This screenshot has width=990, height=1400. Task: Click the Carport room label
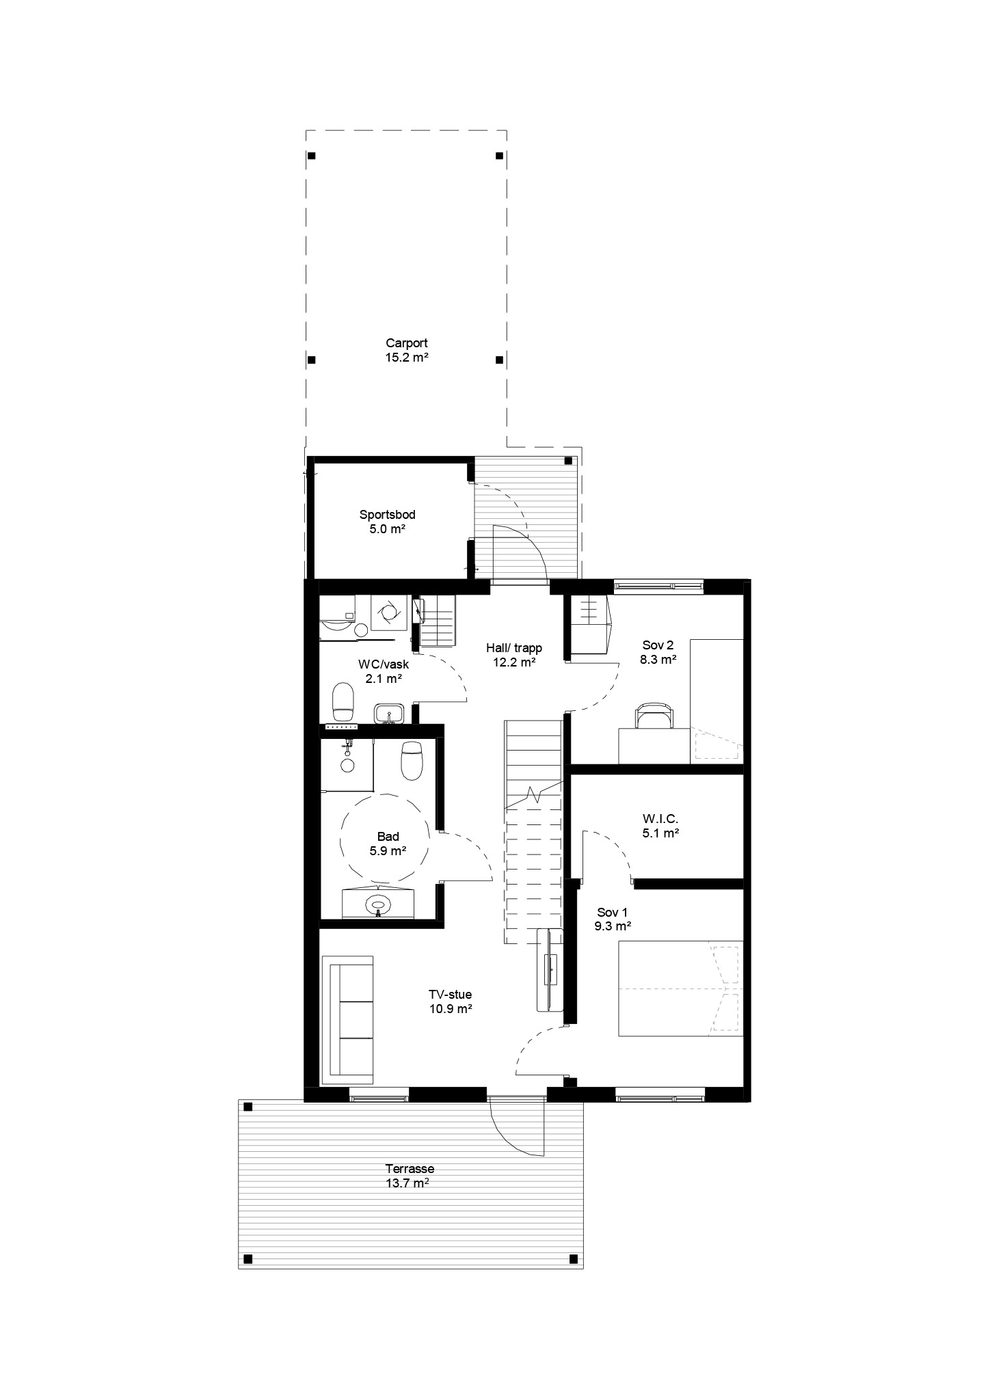tap(407, 343)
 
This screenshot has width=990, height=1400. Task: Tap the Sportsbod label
tap(388, 515)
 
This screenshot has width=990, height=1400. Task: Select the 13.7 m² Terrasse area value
tap(407, 1183)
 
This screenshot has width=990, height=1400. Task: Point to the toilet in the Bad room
tap(413, 761)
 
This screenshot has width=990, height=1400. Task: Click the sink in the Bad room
tap(378, 905)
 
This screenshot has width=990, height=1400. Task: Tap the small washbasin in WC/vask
tap(390, 714)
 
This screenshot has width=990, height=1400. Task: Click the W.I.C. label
tap(660, 818)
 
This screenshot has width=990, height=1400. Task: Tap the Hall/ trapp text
tap(514, 647)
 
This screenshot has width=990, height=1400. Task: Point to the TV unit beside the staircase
tap(550, 969)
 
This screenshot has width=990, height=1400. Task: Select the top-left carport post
tap(312, 156)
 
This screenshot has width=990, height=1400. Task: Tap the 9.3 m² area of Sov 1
tap(613, 926)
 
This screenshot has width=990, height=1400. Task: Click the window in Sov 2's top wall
tap(658, 585)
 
